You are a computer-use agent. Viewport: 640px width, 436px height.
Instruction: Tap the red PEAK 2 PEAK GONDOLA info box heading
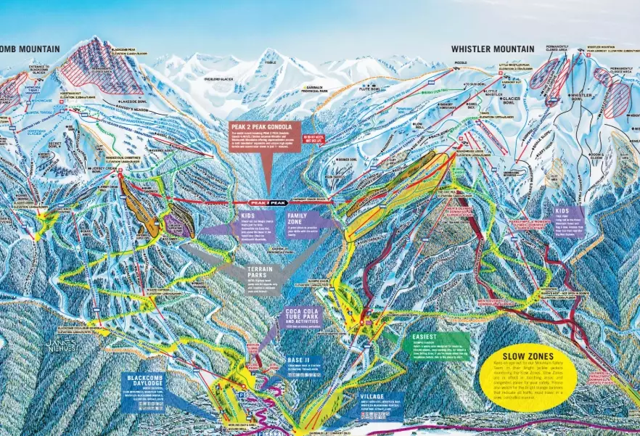coord(260,126)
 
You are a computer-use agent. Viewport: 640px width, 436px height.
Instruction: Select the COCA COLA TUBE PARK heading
coord(304,316)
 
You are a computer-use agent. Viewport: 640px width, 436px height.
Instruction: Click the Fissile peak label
coord(270,62)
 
